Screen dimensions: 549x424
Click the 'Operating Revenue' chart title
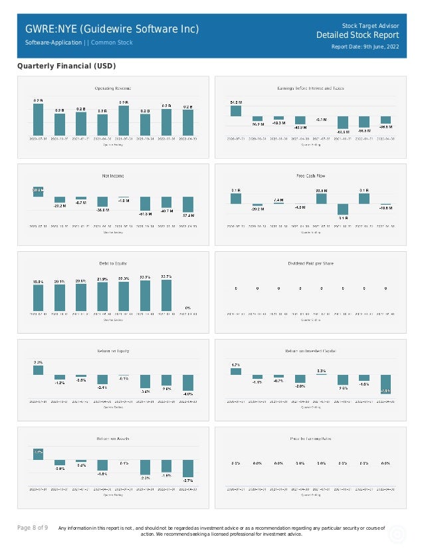pos(112,88)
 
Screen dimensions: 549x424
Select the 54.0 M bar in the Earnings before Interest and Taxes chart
pos(235,110)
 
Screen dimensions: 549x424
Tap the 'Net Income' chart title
pos(112,175)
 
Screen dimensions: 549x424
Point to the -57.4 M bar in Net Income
pos(188,204)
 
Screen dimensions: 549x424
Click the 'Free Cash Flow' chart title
pos(310,175)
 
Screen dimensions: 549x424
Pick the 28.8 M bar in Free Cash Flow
pos(321,198)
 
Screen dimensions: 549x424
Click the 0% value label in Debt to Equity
pos(188,308)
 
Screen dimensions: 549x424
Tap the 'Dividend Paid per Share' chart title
pos(310,263)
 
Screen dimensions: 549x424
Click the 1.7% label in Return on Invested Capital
pos(235,365)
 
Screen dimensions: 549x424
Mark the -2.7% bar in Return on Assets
pos(188,468)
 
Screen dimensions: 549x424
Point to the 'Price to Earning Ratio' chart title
pos(310,439)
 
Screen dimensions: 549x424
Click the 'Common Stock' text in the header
pos(112,43)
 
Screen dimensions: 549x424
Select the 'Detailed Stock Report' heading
pos(358,35)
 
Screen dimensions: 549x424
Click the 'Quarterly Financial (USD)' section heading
pos(66,66)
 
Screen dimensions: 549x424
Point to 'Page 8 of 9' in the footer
pos(32,528)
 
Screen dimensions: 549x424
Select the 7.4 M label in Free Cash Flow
pos(278,199)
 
